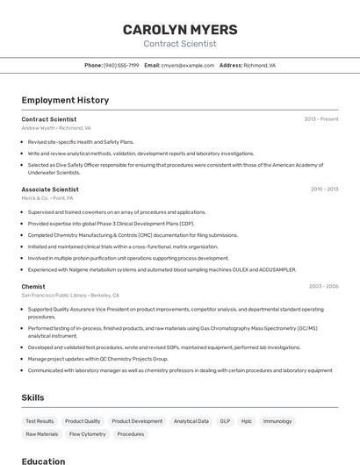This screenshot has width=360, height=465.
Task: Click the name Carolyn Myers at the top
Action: [179, 29]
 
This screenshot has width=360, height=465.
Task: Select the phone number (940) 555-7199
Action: [121, 65]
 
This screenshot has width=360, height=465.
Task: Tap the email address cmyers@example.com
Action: [188, 65]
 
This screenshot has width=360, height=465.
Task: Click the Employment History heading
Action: [65, 100]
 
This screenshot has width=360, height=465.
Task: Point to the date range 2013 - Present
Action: [320, 118]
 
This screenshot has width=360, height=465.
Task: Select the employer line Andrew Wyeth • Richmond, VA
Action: [56, 127]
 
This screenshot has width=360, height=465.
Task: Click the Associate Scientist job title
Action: [50, 189]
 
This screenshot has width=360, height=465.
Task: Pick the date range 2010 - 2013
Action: [324, 189]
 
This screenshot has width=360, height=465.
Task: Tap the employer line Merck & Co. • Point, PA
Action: [47, 197]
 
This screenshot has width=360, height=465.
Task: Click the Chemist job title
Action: [33, 286]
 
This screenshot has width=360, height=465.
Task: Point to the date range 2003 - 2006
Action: [323, 286]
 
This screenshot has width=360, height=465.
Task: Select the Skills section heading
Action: [32, 397]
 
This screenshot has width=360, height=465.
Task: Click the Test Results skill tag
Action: [40, 421]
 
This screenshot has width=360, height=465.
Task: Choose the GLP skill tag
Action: [225, 421]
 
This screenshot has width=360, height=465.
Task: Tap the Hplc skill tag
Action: [247, 421]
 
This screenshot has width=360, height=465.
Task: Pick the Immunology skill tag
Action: [277, 421]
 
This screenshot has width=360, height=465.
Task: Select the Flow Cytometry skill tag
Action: [87, 433]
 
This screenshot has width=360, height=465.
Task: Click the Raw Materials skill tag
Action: [41, 433]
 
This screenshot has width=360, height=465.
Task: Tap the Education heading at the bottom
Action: [43, 461]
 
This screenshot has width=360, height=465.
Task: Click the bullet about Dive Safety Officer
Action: [176, 168]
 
